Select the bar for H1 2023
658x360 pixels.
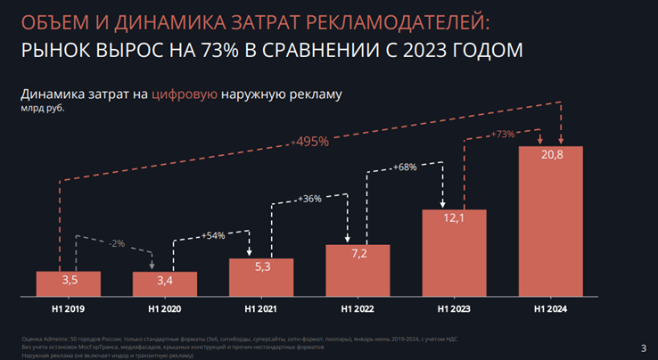click(x=454, y=254)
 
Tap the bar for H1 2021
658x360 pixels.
click(x=261, y=277)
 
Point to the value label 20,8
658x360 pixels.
click(x=550, y=157)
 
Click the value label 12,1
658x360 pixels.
click(x=454, y=220)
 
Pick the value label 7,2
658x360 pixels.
click(x=358, y=254)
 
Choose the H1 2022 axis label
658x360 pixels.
click(x=358, y=309)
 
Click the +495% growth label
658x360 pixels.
click(x=309, y=141)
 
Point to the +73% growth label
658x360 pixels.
click(x=503, y=135)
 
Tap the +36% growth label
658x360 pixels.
click(x=309, y=198)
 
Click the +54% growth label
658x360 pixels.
click(x=213, y=235)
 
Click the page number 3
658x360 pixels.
click(x=644, y=348)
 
